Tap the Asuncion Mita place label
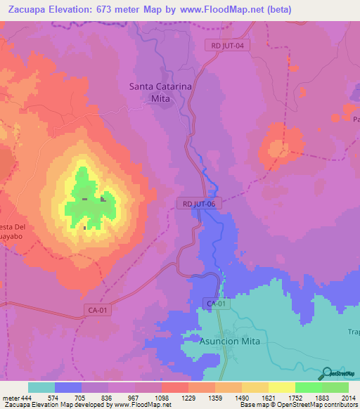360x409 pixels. [229, 341]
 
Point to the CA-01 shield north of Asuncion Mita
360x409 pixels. [217, 304]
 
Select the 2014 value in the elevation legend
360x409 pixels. [348, 398]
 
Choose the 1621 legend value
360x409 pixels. [268, 398]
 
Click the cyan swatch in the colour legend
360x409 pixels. [41, 388]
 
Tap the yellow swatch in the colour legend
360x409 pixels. [281, 388]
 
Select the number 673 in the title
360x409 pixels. [124, 9]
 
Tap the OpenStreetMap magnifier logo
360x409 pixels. [328, 373]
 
